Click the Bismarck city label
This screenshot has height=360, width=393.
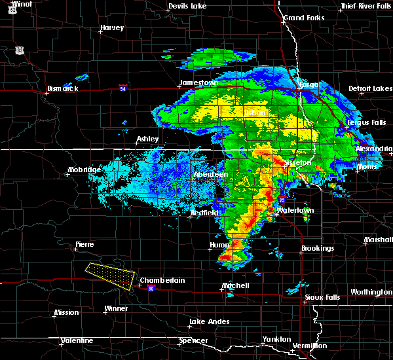62,88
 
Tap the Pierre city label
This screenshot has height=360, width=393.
84,244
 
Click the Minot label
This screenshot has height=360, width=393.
22,4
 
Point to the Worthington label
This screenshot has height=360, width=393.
371,292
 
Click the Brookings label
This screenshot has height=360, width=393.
318,249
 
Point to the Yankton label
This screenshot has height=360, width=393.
277,339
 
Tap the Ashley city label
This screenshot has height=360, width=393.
147,139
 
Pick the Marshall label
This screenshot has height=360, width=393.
378,240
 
